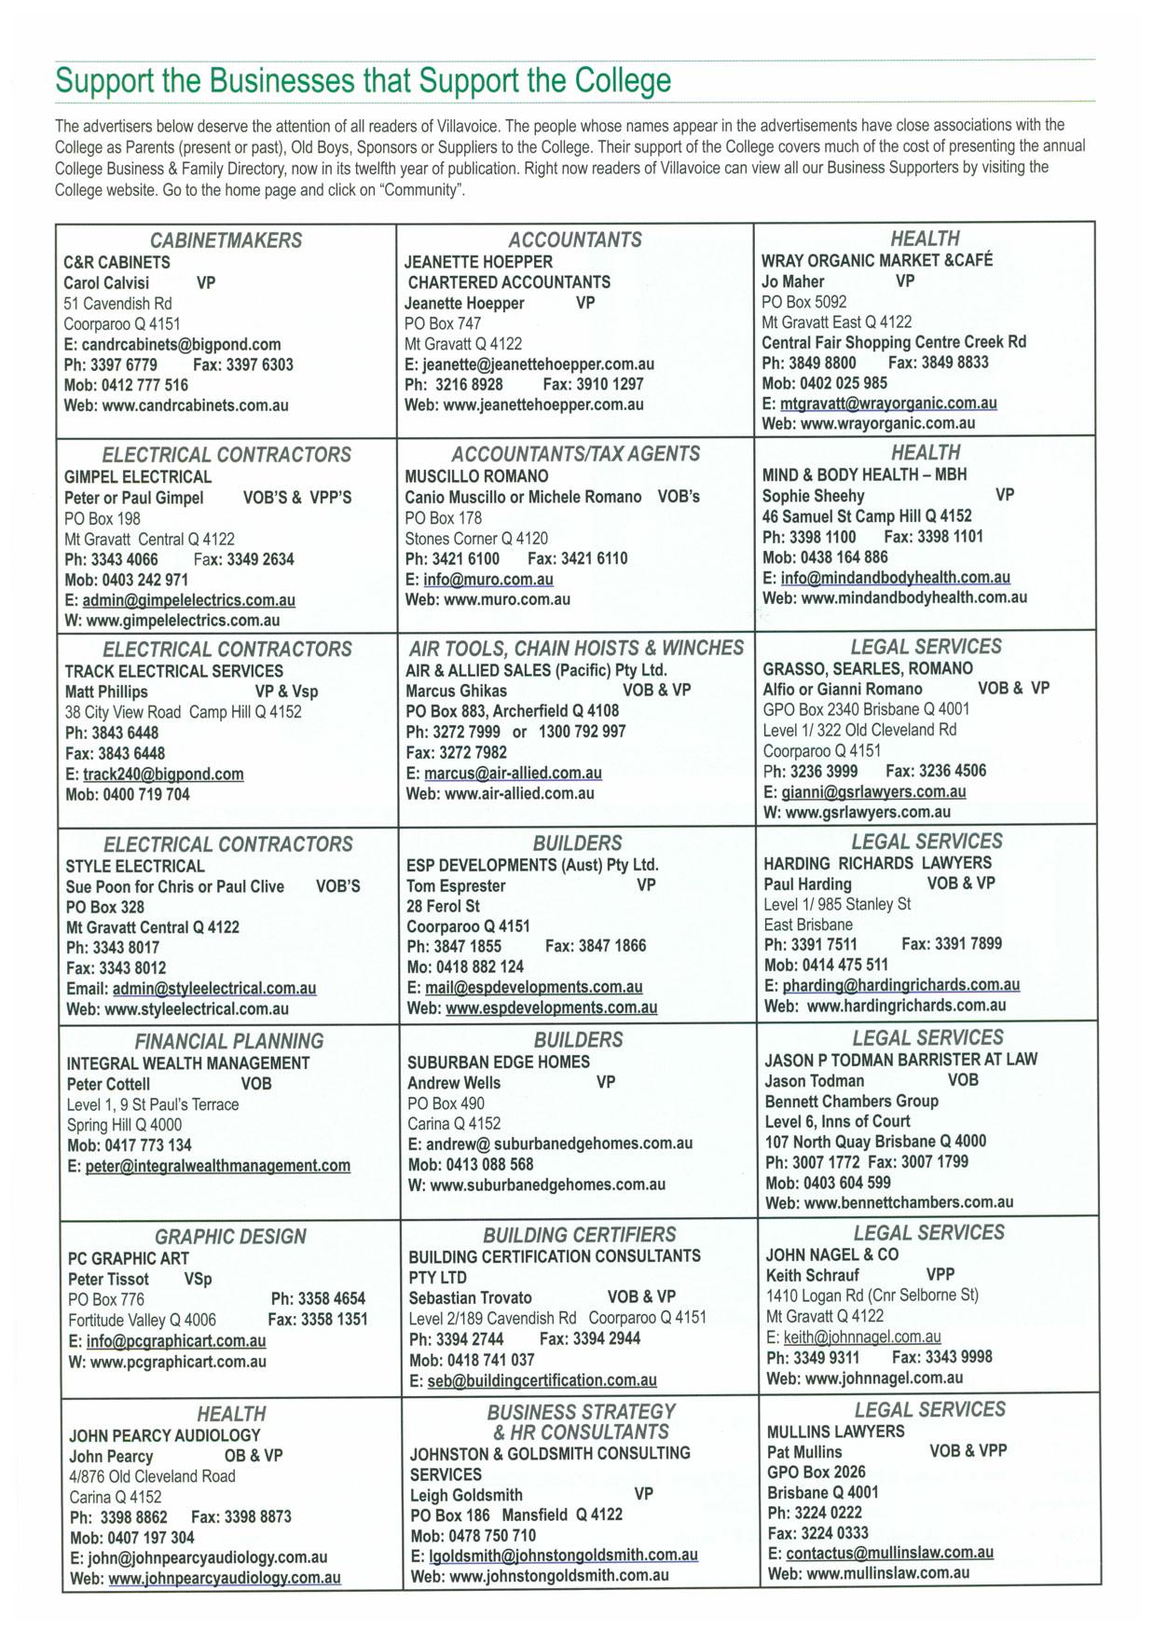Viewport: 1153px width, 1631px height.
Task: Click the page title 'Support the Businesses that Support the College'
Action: pos(363,80)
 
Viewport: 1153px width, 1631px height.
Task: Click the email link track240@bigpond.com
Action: pos(163,774)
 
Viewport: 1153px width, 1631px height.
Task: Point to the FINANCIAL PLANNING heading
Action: pos(229,1041)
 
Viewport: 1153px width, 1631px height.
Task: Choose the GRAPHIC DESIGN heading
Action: pos(230,1237)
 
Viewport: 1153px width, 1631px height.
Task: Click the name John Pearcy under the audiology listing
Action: pos(111,1456)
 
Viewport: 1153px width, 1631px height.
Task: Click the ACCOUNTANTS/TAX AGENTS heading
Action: pos(575,454)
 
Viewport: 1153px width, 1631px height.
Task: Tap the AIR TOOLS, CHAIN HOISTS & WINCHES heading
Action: pos(576,648)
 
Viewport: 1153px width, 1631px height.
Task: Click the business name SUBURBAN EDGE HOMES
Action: pos(499,1062)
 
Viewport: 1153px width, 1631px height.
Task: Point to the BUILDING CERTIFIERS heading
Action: pos(579,1235)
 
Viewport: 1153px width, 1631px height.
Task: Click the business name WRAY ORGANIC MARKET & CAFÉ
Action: pos(877,260)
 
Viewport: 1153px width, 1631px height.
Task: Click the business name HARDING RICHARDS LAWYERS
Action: pos(877,863)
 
